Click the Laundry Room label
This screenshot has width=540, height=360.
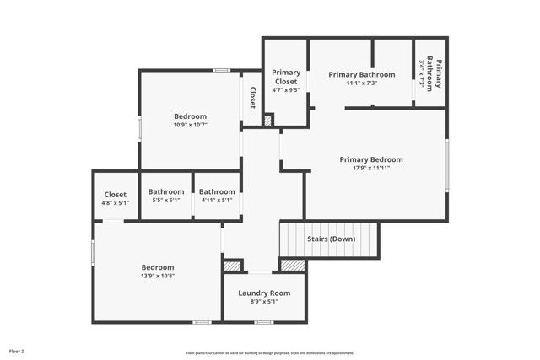pos(263,293)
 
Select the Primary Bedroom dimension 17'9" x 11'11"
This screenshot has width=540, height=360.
pos(371,168)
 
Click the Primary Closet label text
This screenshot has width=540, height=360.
pos(286,76)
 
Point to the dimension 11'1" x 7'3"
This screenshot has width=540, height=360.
pos(361,83)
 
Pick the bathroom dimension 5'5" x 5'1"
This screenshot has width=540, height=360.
pos(165,200)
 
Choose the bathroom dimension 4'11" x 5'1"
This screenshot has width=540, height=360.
pos(217,200)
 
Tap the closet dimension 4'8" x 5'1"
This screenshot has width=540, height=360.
pos(115,202)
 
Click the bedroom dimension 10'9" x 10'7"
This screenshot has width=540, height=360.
pos(190,125)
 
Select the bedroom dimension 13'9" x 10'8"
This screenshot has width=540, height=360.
pos(158,276)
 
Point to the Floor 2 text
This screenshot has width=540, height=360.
pos(17,350)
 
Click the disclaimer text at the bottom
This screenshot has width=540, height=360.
pos(269,353)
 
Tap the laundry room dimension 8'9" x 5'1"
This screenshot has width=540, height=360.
pos(263,301)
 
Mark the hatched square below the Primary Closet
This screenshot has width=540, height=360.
pos(267,121)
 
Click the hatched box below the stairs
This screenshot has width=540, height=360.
pos(291,265)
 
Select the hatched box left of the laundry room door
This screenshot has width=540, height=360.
pos(233,266)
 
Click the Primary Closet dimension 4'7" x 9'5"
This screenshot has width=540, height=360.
pos(286,89)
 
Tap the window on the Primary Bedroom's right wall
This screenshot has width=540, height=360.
pos(447,165)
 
